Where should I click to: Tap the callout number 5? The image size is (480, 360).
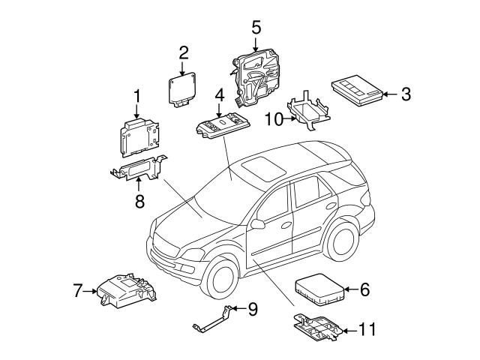(256, 28)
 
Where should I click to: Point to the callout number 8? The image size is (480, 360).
(139, 200)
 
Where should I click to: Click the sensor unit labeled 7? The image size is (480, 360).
(126, 291)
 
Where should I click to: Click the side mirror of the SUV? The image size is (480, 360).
(258, 224)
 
